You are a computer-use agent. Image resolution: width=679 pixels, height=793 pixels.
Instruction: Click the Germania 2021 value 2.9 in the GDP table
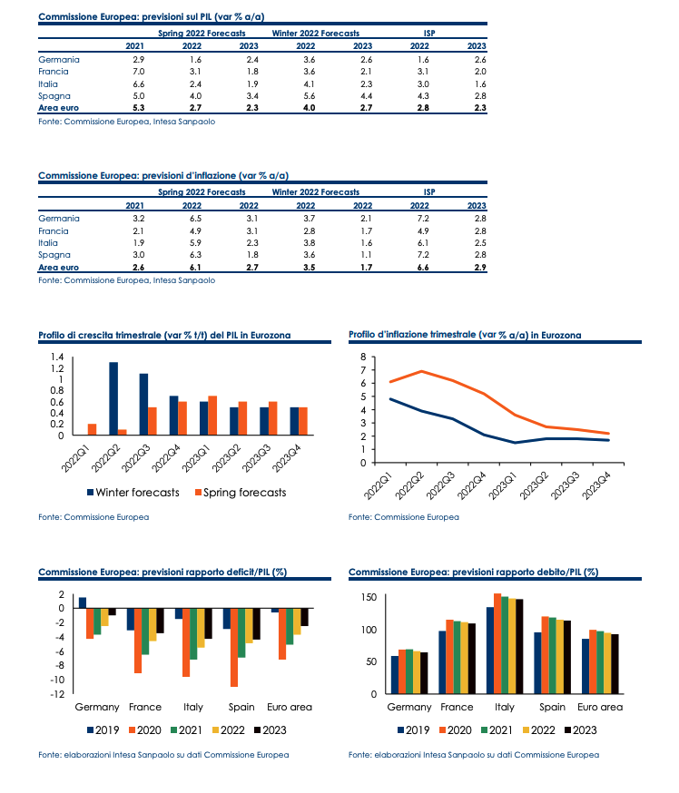coord(138,60)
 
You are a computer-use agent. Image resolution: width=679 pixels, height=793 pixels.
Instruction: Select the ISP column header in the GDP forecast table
coord(429,34)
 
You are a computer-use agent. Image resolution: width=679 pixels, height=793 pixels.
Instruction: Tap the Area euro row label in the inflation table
coord(59,268)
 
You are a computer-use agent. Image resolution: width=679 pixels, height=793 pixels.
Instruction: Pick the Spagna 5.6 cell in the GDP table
coord(310,96)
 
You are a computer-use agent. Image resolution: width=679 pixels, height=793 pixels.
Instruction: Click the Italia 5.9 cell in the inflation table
coord(195,243)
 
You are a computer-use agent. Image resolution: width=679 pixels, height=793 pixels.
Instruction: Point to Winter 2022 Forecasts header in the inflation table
coord(316,192)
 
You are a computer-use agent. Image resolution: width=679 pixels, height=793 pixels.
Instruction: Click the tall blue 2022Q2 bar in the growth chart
coord(113,398)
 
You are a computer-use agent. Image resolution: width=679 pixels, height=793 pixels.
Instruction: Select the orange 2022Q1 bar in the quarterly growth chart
coord(92,429)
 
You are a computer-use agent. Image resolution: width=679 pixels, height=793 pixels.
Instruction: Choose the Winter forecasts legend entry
coord(133,493)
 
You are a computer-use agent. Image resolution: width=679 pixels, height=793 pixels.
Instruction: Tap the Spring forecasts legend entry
coord(241,493)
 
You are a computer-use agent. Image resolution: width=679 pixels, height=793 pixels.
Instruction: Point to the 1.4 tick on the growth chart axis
coord(57,357)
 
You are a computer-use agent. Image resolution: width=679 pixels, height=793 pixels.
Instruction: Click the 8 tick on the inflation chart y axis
coord(363,357)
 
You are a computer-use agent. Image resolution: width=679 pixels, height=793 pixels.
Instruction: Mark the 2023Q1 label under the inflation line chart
coord(503,485)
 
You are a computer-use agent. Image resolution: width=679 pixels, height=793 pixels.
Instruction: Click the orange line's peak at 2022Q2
coord(422,371)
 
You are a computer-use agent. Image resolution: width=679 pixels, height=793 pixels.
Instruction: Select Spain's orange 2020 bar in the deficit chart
coord(234,647)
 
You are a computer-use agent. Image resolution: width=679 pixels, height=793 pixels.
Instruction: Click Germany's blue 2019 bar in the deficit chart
coord(83,602)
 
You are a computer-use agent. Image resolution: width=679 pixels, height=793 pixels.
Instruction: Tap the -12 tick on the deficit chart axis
coord(57,694)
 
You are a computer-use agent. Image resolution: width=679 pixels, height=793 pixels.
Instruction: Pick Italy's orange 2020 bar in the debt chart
coord(497,643)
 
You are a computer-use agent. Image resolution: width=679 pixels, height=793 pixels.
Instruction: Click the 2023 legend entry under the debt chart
coord(581,730)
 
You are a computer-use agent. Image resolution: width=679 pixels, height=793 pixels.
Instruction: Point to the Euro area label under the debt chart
coord(600,707)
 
